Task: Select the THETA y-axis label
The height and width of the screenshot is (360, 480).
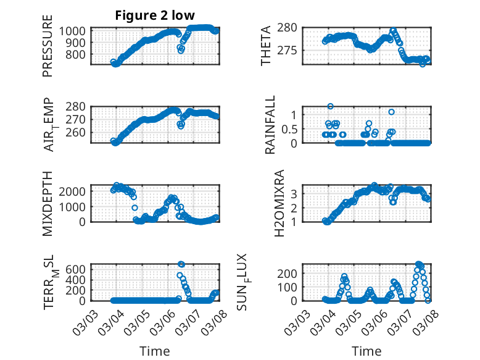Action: tap(266, 45)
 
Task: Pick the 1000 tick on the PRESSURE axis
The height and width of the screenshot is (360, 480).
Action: tap(74, 31)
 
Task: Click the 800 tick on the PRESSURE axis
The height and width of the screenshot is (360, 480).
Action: tap(77, 54)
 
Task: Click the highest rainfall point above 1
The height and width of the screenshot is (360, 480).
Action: tap(330, 107)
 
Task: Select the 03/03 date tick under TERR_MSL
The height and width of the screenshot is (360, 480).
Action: tap(86, 319)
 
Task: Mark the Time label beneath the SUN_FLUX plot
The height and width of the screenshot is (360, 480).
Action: tap(366, 351)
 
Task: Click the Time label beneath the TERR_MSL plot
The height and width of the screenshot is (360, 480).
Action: tap(151, 351)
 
